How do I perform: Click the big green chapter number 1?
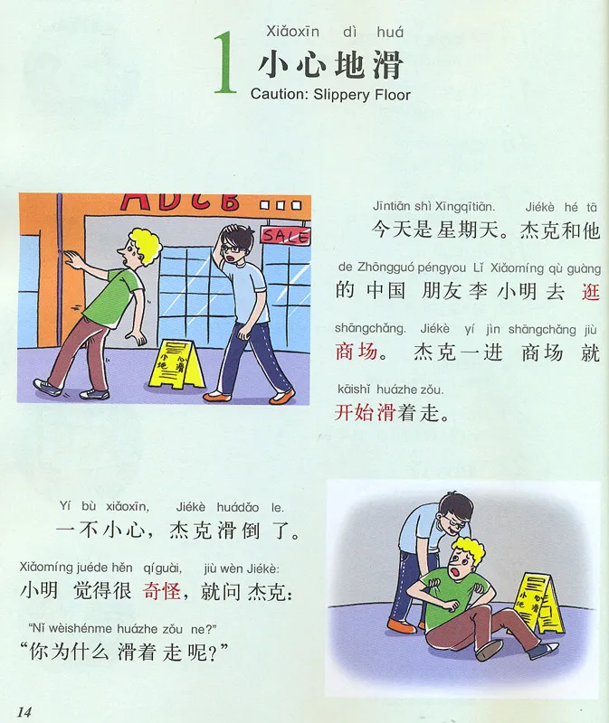coord(224,62)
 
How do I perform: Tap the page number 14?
coord(24,711)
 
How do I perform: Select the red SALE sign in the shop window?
coord(285,236)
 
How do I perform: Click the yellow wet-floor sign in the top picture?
coord(176,364)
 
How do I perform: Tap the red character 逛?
coord(590,292)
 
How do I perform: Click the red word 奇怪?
coord(162,591)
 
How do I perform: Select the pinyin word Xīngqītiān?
coord(465,207)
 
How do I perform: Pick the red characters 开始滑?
coord(365,412)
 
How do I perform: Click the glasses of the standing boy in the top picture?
coord(233,249)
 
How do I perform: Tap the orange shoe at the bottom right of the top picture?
coord(282,397)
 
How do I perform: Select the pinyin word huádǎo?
coord(238,508)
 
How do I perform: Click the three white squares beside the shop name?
coord(281,205)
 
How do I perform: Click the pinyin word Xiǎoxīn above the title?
coord(292,32)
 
